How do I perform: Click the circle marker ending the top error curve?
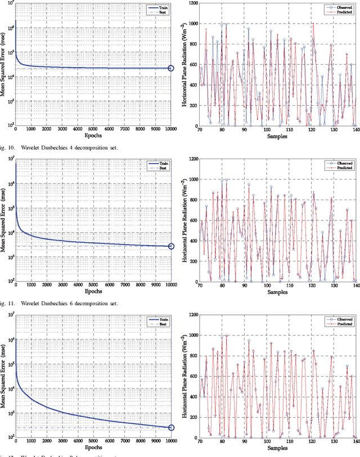pos(172,69)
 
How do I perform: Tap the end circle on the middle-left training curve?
pos(172,246)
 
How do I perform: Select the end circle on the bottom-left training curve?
pos(172,428)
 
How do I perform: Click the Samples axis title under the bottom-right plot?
pos(277,449)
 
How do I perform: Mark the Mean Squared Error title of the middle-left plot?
pos(4,220)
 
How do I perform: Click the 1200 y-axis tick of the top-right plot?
pos(191,3)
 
